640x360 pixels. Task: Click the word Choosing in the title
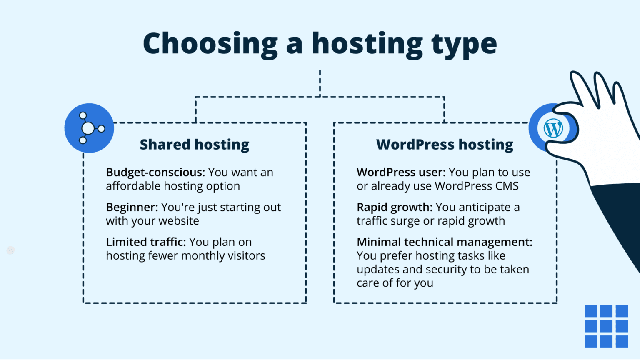click(210, 44)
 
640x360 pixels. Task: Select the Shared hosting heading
click(194, 145)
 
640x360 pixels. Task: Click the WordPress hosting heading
click(445, 145)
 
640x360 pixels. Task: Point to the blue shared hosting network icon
click(89, 128)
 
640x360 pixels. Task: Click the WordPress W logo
click(553, 128)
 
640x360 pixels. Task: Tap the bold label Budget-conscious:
click(155, 172)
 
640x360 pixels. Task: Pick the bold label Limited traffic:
click(146, 242)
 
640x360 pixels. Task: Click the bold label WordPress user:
click(401, 172)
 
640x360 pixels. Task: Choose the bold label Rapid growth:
click(395, 207)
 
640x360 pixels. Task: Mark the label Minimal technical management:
click(444, 242)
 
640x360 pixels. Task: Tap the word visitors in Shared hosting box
click(246, 256)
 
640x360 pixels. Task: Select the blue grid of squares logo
click(606, 326)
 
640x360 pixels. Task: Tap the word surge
click(406, 221)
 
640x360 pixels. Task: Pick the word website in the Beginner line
click(179, 221)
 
